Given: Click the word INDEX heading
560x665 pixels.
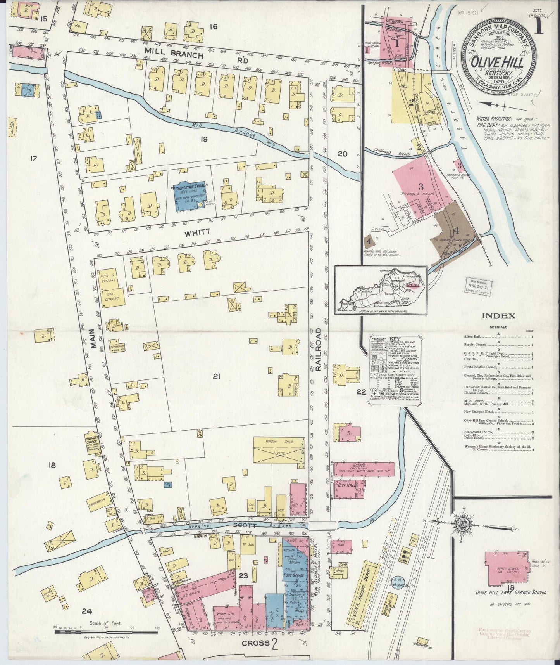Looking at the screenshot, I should coord(498,316).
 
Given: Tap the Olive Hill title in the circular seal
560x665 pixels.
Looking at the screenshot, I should coord(498,62).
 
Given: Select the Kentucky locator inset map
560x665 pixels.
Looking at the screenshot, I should coord(380,289).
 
